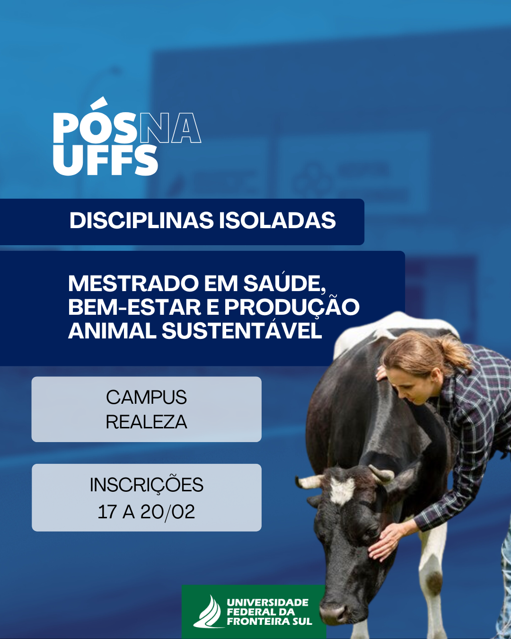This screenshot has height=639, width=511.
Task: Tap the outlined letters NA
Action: pyautogui.click(x=171, y=128)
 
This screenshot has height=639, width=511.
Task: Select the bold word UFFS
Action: pyautogui.click(x=106, y=160)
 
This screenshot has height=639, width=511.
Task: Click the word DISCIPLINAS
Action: pyautogui.click(x=141, y=221)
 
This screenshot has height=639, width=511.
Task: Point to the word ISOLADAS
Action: pyautogui.click(x=277, y=221)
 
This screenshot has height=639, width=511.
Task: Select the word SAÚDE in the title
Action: pyautogui.click(x=285, y=282)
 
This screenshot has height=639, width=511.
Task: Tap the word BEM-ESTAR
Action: pyautogui.click(x=135, y=307)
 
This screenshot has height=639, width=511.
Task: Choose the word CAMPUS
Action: pyautogui.click(x=146, y=397)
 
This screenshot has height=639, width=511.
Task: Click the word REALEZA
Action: pyautogui.click(x=146, y=422)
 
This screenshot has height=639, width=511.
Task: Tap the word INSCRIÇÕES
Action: pyautogui.click(x=147, y=485)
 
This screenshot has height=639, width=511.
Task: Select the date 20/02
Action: pyautogui.click(x=167, y=512)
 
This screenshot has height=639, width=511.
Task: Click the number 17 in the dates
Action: pyautogui.click(x=107, y=512)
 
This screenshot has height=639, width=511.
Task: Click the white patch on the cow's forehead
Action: pyautogui.click(x=342, y=490)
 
